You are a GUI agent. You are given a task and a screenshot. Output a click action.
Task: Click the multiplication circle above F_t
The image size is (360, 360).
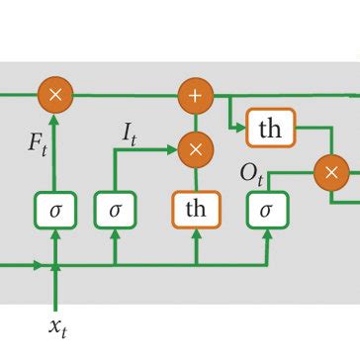pos(55,96)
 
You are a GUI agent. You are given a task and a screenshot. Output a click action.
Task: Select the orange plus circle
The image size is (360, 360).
pos(196,96)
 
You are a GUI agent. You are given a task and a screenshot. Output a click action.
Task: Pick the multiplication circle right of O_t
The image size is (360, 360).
pos(331,173)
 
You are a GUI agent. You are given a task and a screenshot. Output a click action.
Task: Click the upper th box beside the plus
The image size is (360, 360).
pos(270,129)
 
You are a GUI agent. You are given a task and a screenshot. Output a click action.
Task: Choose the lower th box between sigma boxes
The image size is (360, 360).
pos(196,210)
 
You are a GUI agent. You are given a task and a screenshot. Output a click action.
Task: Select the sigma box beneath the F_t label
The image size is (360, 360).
pos(55,210)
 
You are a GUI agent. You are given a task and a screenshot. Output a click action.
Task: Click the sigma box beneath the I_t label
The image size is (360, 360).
pos(115,210)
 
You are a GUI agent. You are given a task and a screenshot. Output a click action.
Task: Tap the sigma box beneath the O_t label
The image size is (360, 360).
pos(266,210)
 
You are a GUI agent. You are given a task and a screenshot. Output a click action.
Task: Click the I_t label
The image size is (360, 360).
pos(130,130)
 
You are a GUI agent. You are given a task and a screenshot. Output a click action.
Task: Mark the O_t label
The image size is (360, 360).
pos(251,174)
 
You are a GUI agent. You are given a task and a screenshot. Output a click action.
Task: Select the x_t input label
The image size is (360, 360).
pos(57,326)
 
